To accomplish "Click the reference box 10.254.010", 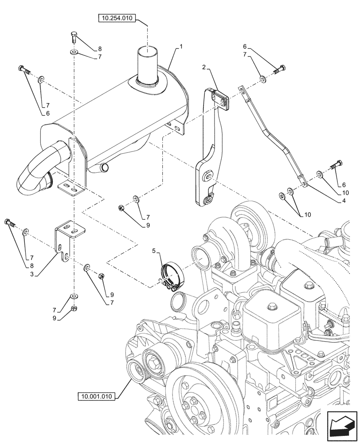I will pyautogui.click(x=116, y=18).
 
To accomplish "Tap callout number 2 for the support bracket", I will pyautogui.click(x=203, y=67).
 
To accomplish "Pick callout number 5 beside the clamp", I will pyautogui.click(x=154, y=251).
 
